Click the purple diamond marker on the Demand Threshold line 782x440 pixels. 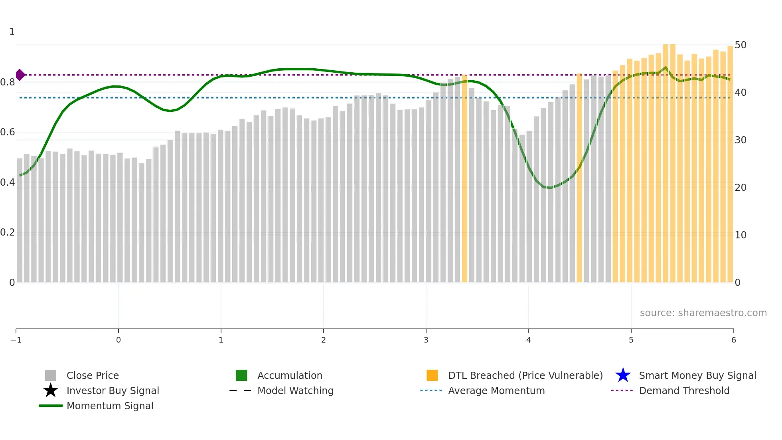20,75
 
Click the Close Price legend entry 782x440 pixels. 93,375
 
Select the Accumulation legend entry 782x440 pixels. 290,375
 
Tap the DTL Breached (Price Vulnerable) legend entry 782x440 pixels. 525,375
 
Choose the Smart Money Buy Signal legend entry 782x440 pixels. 697,375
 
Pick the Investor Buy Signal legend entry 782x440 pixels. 113,390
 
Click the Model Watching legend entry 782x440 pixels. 295,390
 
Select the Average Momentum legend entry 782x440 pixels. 496,390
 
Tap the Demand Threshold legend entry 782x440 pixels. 684,390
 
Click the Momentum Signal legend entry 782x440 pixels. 110,406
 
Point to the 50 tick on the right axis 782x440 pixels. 741,45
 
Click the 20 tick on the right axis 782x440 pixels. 741,188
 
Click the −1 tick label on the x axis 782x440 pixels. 16,340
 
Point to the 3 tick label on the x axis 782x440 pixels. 426,340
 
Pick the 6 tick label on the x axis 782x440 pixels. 733,340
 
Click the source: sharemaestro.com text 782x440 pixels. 703,313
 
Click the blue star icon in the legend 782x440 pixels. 623,375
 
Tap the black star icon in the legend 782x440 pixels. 51,390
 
